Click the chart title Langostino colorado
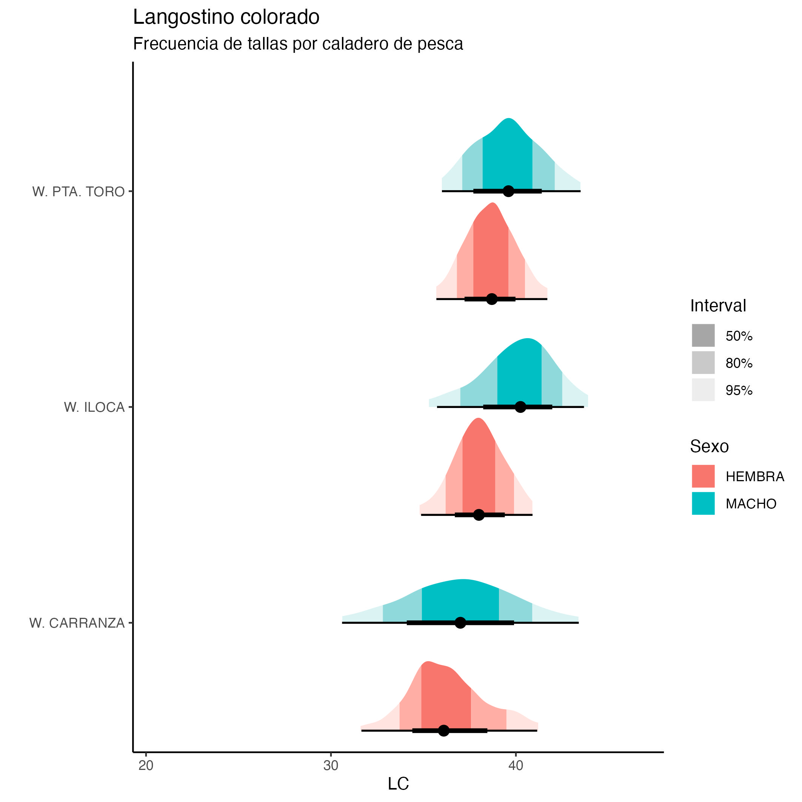click(x=226, y=17)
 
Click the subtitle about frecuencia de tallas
click(x=298, y=44)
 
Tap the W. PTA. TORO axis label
click(x=79, y=192)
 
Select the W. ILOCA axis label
click(x=94, y=407)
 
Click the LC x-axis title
click(x=398, y=784)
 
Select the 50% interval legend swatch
click(x=703, y=336)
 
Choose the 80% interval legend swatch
click(x=703, y=363)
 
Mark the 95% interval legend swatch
click(x=703, y=390)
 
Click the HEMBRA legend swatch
click(x=703, y=476)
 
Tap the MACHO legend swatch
click(x=703, y=503)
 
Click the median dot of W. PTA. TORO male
click(x=508, y=191)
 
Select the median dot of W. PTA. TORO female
click(x=491, y=299)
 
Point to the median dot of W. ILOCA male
click(x=520, y=407)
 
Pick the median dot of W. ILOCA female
click(x=479, y=515)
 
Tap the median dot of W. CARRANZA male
click(x=460, y=623)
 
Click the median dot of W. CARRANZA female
click(x=444, y=731)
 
